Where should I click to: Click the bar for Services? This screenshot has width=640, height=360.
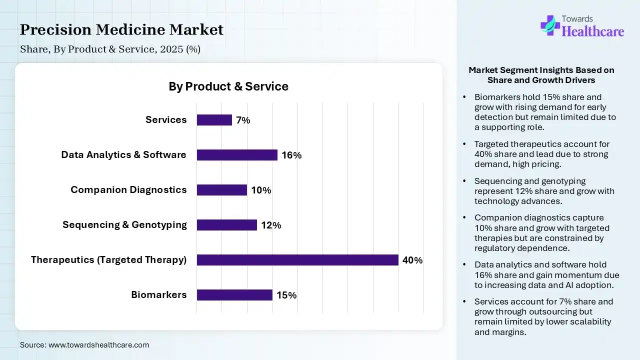(x=214, y=120)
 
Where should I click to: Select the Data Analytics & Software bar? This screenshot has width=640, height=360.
(x=237, y=155)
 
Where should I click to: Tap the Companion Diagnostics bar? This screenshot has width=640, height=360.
(x=221, y=190)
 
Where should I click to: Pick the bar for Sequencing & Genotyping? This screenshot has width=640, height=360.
(x=226, y=225)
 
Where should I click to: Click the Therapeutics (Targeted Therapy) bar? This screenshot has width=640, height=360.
(x=297, y=260)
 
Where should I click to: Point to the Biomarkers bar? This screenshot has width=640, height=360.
(x=234, y=295)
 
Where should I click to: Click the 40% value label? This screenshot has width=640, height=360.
(x=412, y=260)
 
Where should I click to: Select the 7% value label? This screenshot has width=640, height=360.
(x=243, y=120)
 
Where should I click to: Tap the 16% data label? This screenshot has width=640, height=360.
(x=291, y=155)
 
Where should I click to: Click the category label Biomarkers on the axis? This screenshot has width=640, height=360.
(x=159, y=294)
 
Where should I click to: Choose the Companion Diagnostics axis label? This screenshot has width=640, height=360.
(x=128, y=189)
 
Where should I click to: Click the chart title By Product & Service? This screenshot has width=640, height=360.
(x=228, y=86)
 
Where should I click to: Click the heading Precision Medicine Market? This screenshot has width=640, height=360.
(x=121, y=30)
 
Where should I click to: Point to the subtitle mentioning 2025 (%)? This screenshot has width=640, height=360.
(x=110, y=49)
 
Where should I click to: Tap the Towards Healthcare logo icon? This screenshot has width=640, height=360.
(x=550, y=25)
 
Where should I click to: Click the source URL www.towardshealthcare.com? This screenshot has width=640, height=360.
(x=84, y=344)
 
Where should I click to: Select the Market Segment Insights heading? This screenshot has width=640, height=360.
(x=541, y=75)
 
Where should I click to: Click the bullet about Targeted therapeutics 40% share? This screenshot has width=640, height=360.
(x=542, y=154)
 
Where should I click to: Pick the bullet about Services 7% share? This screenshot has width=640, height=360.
(x=543, y=316)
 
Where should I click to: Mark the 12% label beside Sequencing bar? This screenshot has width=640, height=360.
(x=271, y=225)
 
